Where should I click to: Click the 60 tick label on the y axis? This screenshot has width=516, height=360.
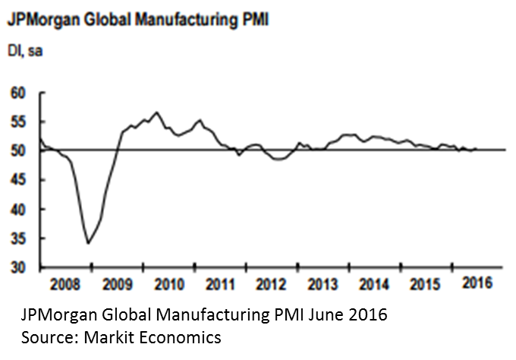[x=17, y=93]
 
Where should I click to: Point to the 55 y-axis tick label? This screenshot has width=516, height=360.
[x=17, y=122]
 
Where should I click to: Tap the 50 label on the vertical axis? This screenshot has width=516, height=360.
[x=17, y=150]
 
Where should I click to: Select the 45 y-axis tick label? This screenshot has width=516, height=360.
[x=17, y=180]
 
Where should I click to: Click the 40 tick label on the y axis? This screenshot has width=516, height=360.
[x=17, y=209]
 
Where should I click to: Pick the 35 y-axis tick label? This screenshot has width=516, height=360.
[x=17, y=238]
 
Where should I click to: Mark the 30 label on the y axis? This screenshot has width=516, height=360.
[x=17, y=267]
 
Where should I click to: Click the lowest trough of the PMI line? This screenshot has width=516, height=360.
[x=89, y=243]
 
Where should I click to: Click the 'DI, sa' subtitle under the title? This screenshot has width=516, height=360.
[x=26, y=50]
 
